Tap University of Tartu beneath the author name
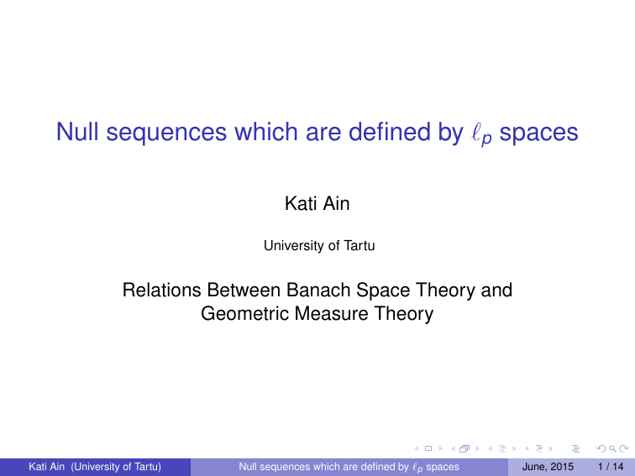(317, 246)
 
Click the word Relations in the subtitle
(158, 291)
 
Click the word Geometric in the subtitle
(239, 315)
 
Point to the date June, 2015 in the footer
(549, 466)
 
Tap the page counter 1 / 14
(608, 466)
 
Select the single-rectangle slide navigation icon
(428, 447)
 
